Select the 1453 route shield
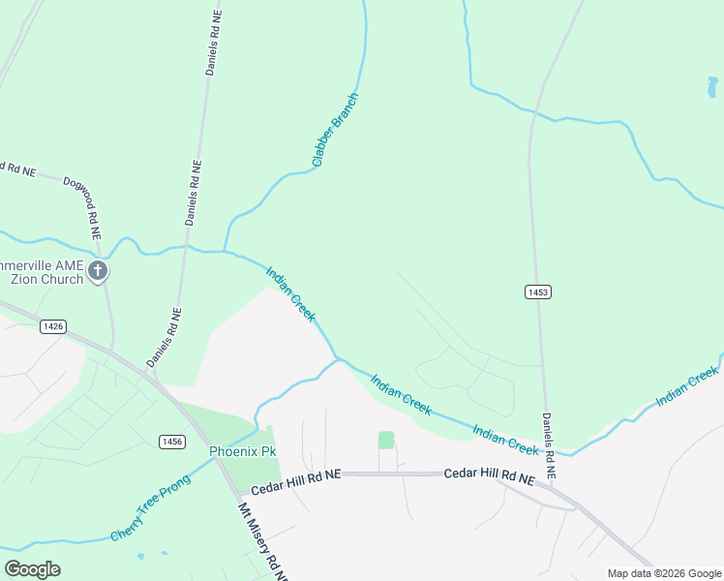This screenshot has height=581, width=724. click(x=539, y=291)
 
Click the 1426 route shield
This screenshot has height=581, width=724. click(x=53, y=327)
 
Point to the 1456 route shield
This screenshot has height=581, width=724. click(x=172, y=442)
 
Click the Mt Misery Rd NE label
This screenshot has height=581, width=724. click(x=262, y=542)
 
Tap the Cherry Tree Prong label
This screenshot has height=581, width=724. click(x=149, y=507)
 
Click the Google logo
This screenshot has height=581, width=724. click(x=32, y=569)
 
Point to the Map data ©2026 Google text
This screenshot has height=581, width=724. click(x=665, y=573)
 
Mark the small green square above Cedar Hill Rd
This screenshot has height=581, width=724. click(x=386, y=440)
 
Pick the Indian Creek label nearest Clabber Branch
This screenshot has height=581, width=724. click(x=290, y=295)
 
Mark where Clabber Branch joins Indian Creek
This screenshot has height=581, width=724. click(x=226, y=251)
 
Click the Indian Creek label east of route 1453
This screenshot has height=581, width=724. click(x=687, y=384)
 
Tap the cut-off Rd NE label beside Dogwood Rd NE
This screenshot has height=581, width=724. click(x=17, y=168)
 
